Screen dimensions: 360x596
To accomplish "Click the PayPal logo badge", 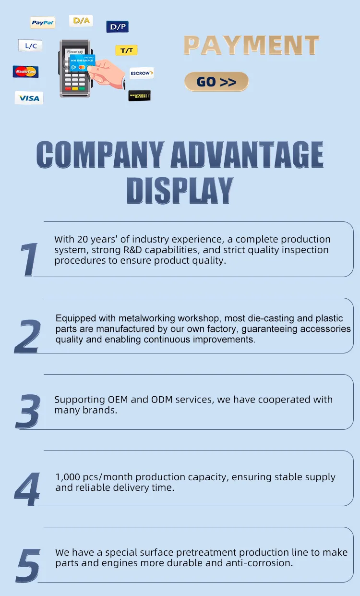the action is click(x=43, y=23).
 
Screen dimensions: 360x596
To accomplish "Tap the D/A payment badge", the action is click(x=81, y=21).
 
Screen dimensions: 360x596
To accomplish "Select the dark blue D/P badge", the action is click(x=118, y=26).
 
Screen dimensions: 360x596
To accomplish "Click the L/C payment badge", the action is click(x=30, y=46).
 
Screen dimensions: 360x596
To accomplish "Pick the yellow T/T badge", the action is click(x=127, y=50).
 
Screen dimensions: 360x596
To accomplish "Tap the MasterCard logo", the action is click(x=26, y=72).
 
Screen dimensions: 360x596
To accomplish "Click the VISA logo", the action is click(x=29, y=98).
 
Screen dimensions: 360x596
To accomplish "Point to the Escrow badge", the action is click(x=142, y=73).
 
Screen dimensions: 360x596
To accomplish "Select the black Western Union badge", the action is click(x=139, y=96).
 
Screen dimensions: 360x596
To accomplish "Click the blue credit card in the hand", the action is click(x=82, y=63).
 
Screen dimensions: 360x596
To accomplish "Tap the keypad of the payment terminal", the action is click(x=75, y=82).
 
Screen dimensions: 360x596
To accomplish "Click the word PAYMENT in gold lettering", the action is click(x=252, y=45).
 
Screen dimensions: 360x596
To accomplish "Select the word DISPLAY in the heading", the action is click(x=180, y=191).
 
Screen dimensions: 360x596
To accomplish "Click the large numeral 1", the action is click(x=29, y=259).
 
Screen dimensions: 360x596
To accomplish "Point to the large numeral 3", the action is click(x=28, y=411).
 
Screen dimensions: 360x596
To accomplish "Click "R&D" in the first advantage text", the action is click(x=132, y=250).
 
